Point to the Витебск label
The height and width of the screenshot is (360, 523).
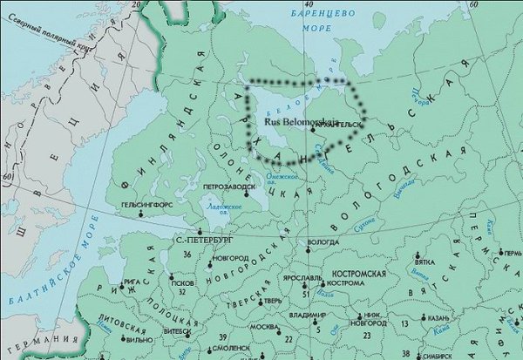click(177, 332)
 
